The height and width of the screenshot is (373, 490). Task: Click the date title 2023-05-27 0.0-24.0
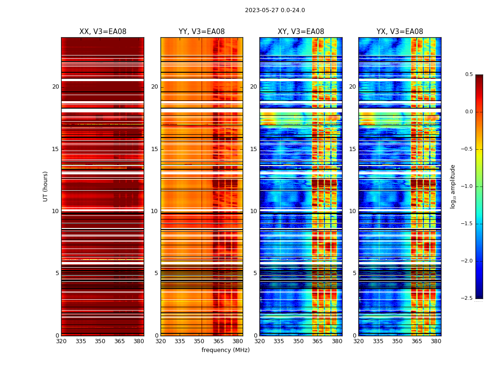pyautogui.click(x=275, y=10)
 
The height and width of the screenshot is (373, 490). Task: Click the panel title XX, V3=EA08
pyautogui.click(x=103, y=32)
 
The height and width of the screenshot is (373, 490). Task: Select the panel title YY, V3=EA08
pyautogui.click(x=202, y=32)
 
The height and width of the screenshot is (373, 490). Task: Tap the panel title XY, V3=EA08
pyautogui.click(x=301, y=32)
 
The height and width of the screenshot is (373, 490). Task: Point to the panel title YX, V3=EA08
pyautogui.click(x=399, y=32)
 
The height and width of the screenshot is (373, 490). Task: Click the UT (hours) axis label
pyautogui.click(x=46, y=186)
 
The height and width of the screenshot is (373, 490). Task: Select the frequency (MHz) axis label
pyautogui.click(x=225, y=350)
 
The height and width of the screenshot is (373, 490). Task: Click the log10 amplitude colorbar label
pyautogui.click(x=453, y=186)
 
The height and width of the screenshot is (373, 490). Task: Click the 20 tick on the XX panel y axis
pyautogui.click(x=56, y=87)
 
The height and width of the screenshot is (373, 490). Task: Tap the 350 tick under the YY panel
pyautogui.click(x=199, y=341)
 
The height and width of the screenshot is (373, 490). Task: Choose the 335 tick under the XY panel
pyautogui.click(x=279, y=341)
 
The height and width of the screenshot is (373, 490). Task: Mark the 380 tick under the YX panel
pyautogui.click(x=436, y=341)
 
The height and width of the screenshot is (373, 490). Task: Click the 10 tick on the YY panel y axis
pyautogui.click(x=154, y=211)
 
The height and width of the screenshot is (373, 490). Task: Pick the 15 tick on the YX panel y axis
pyautogui.click(x=352, y=149)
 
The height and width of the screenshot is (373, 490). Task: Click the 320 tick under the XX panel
pyautogui.click(x=61, y=341)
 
